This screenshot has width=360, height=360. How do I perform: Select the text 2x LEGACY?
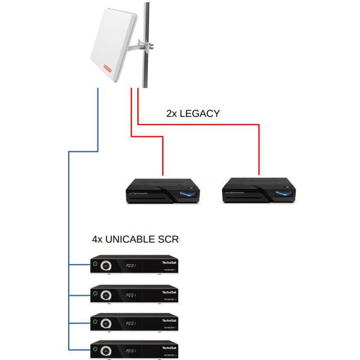pos(193,114)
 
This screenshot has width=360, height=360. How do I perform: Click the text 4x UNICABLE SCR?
pos(135,240)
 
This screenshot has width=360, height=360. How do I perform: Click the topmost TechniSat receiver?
pos(135,264)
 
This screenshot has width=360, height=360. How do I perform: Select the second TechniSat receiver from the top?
pos(135,293)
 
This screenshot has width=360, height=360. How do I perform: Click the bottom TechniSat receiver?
pos(135,349)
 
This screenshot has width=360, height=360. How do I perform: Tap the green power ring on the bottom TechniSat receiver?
pos(95,348)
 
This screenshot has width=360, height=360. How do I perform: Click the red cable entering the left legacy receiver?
pos(162,161)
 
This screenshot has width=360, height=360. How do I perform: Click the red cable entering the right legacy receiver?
pos(259,155)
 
